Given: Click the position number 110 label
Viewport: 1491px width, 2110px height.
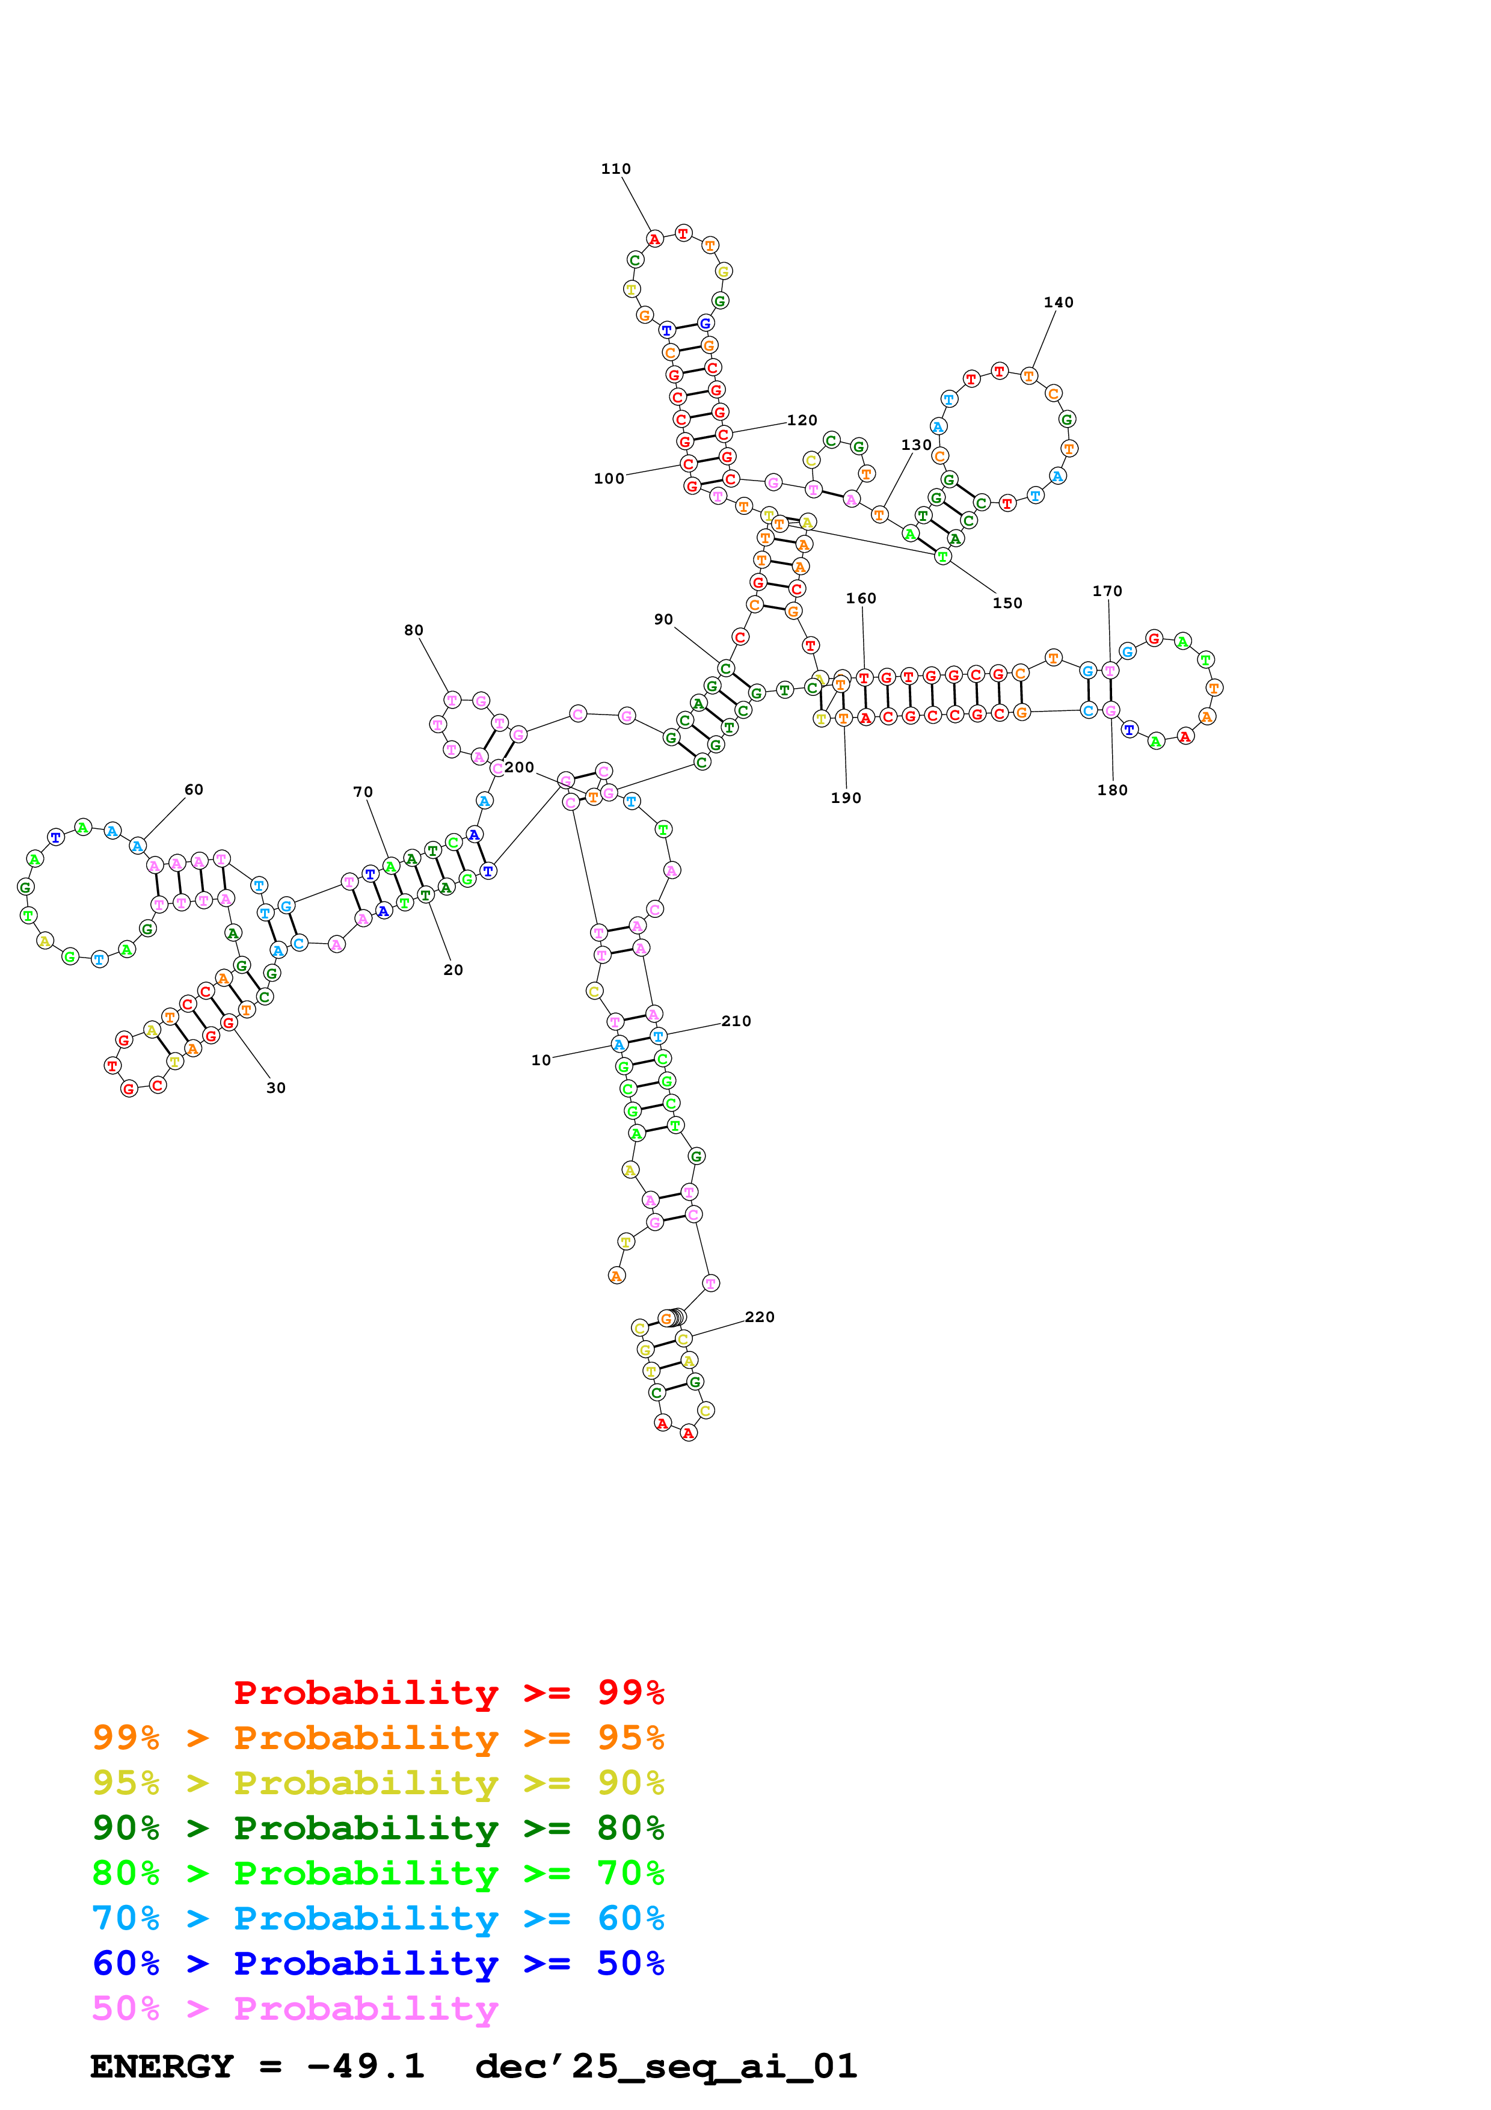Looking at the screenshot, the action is click(615, 169).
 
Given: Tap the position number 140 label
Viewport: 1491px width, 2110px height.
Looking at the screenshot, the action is click(1059, 303).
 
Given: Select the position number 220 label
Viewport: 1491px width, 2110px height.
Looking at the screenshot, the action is click(760, 1317).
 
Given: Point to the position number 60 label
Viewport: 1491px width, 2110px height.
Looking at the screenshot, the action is click(194, 789).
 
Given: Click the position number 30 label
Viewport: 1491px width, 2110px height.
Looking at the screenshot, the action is click(275, 1088).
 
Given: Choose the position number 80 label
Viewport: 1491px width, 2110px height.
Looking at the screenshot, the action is click(413, 630).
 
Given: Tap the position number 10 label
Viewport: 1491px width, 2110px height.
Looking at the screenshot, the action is click(541, 1060).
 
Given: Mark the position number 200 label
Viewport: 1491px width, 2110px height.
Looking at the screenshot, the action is click(519, 767).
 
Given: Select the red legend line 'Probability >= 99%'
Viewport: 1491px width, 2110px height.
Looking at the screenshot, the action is click(448, 1692).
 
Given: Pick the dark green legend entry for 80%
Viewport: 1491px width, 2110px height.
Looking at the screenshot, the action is click(378, 1828).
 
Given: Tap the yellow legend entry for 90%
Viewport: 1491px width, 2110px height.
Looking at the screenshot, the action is click(378, 1783).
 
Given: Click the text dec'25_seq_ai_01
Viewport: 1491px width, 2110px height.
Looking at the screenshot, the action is click(666, 2067).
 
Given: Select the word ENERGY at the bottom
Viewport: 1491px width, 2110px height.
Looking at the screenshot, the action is click(162, 2067).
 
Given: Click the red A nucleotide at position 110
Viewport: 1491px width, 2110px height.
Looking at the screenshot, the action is click(654, 240).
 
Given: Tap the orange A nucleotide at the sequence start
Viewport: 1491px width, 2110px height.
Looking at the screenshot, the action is click(616, 1276).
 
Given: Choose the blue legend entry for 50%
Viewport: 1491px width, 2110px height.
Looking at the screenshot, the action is click(378, 1963).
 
